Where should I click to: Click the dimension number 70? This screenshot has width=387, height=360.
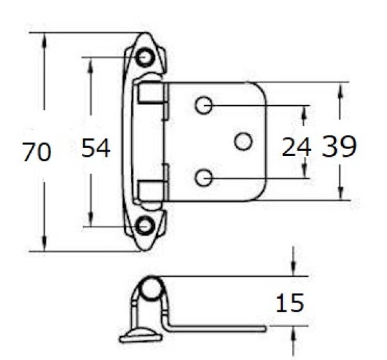[37, 152]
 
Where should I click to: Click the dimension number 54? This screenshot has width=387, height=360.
[96, 148]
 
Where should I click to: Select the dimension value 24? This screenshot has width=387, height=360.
[296, 147]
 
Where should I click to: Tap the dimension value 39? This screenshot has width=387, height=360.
[339, 146]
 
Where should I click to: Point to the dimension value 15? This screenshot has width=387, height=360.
[290, 303]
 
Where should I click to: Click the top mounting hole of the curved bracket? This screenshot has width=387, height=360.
[145, 57]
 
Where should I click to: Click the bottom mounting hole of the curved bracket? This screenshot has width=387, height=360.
[145, 225]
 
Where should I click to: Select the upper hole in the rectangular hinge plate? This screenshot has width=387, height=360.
[204, 105]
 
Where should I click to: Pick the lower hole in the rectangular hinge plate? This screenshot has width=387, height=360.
[204, 178]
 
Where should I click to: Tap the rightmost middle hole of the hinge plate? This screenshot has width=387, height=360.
[243, 141]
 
